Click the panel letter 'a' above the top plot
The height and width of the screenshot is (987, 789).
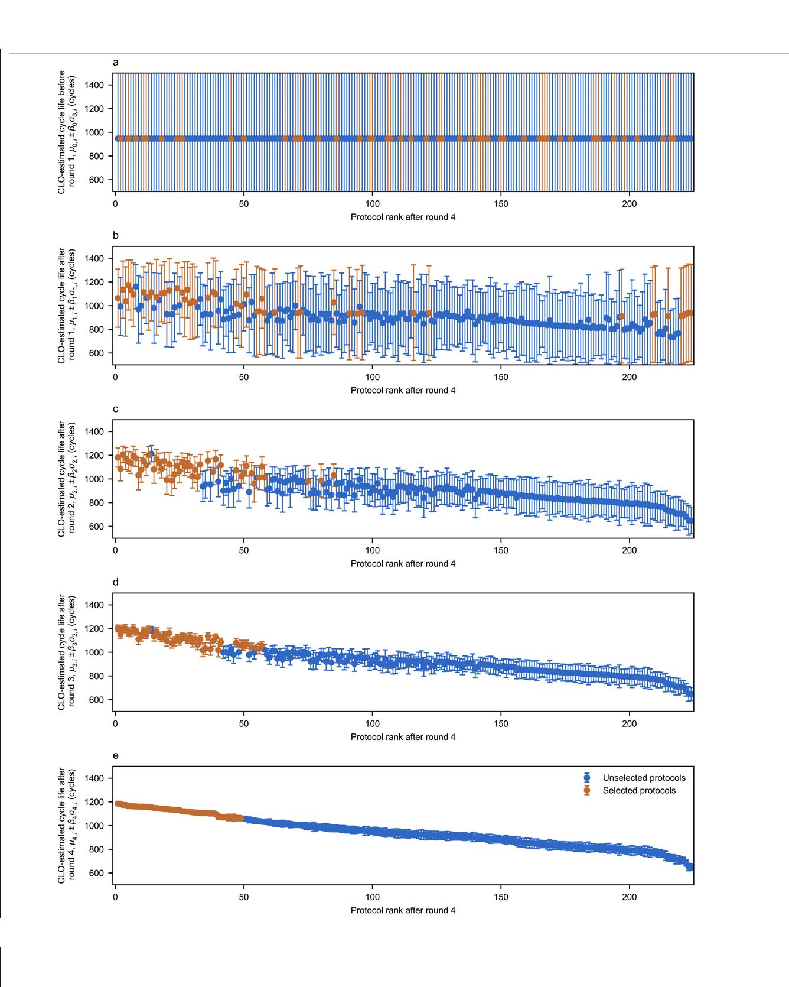[x=115, y=62]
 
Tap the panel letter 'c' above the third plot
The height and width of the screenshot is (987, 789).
[x=115, y=409]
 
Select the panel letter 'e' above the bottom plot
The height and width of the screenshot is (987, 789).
[x=115, y=755]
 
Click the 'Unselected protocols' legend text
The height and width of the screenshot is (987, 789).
[x=644, y=778]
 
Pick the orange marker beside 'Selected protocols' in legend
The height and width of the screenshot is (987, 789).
[x=586, y=790]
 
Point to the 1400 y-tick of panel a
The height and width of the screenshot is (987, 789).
[x=94, y=85]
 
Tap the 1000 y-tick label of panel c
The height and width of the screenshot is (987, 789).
[x=94, y=479]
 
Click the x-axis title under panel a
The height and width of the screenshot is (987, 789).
[x=403, y=217]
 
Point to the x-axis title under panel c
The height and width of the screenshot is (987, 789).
[x=403, y=564]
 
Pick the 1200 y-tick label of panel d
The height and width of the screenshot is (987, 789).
[x=94, y=629]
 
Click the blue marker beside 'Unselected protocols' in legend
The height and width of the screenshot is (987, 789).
[x=586, y=778]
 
